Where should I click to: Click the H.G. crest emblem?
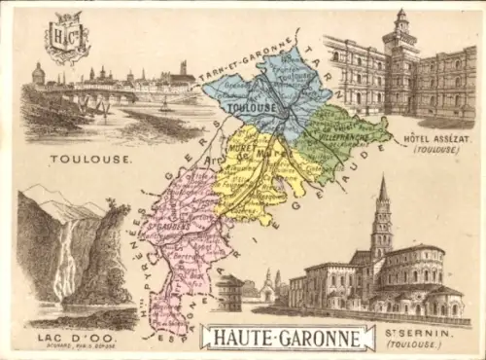click(x=67, y=37)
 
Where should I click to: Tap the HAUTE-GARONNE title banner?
click(x=287, y=338)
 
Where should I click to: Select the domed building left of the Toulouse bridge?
click(x=38, y=75)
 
